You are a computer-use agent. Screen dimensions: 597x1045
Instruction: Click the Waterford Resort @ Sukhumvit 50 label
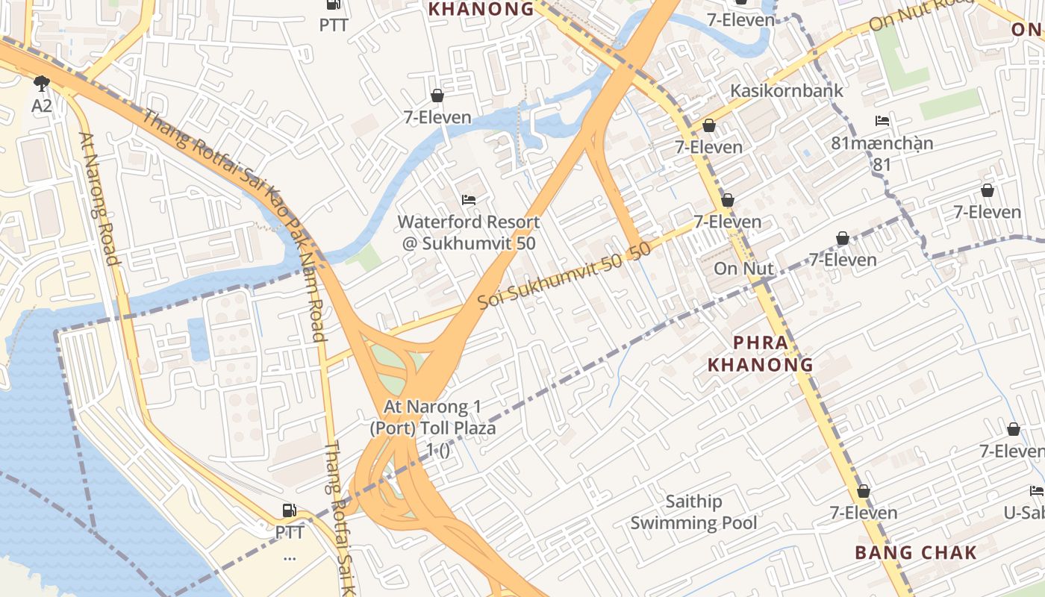468,232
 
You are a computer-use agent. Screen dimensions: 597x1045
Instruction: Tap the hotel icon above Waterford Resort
469,199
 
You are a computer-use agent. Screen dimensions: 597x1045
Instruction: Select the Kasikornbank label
787,90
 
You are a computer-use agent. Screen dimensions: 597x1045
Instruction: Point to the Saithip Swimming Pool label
693,513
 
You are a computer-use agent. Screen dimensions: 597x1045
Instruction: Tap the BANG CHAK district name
916,553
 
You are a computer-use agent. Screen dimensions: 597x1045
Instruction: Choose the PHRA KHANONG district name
761,354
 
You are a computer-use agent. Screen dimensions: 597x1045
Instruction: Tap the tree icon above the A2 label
42,83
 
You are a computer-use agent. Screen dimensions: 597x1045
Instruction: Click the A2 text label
42,106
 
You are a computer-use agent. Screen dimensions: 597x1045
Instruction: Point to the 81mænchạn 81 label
882,152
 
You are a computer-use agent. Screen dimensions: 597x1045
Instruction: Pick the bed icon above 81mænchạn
882,121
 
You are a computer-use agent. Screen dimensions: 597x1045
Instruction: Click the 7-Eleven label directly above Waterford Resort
437,117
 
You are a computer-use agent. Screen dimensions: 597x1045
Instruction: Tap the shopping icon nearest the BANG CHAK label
864,491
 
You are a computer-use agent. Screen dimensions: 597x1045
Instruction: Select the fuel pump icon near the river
289,510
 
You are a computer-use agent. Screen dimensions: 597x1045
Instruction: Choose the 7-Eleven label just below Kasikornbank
709,147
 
